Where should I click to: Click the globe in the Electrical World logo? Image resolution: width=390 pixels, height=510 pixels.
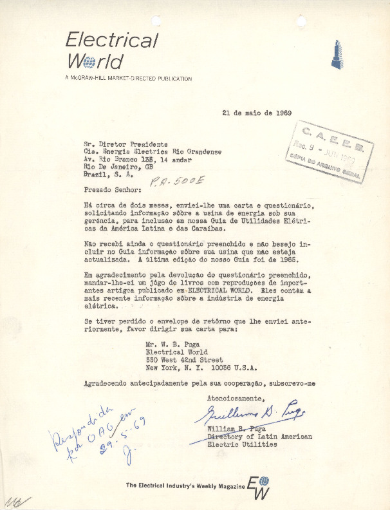89,62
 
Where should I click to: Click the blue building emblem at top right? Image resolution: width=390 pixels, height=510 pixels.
335,54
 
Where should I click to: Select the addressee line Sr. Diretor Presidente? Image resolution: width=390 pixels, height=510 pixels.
125,144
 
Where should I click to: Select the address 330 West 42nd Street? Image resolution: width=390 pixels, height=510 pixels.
185,360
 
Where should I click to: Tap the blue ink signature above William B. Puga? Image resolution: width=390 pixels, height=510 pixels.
255,413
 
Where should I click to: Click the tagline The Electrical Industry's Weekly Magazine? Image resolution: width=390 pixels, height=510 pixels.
185,486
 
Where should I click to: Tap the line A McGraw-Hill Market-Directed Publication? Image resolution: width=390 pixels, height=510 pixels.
128,79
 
